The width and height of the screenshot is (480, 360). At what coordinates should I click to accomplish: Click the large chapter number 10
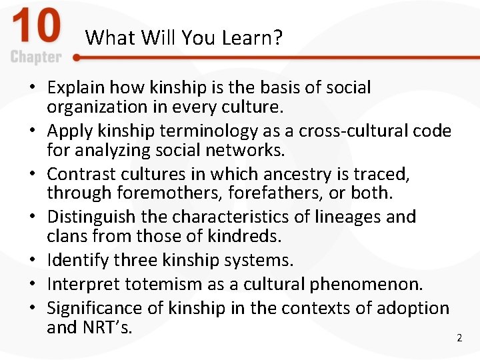[x=37, y=28]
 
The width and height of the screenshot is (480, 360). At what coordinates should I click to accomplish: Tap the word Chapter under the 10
[x=36, y=57]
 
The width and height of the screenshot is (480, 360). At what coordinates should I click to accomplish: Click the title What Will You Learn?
[x=184, y=37]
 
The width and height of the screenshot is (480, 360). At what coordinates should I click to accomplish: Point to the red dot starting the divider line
[x=77, y=58]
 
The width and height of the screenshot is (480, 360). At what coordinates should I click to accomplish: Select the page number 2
[x=459, y=338]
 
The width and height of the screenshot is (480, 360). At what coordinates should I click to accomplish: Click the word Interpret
[x=81, y=284]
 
